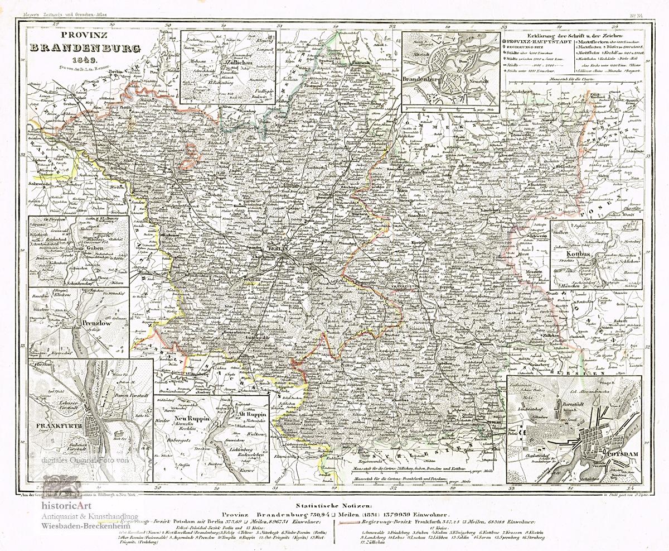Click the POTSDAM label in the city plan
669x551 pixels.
point(623,454)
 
